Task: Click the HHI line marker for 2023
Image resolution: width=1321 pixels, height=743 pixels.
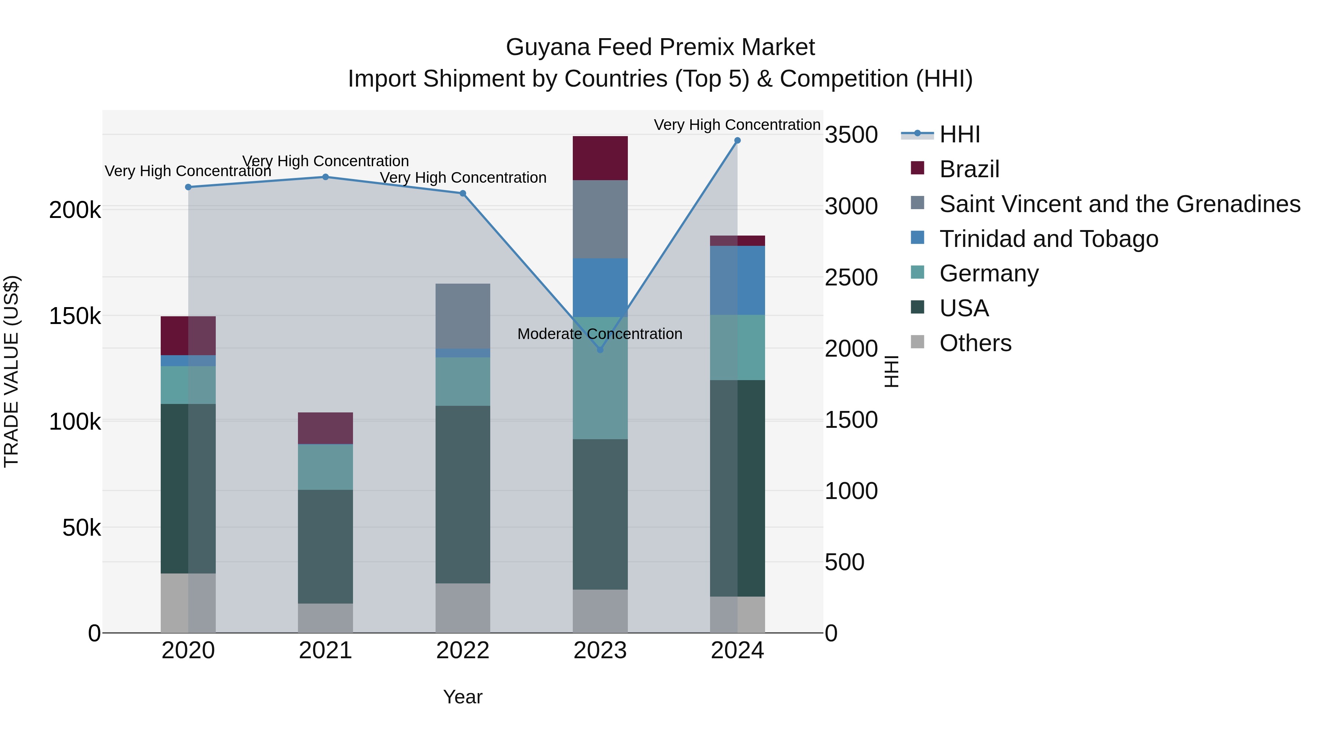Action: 600,350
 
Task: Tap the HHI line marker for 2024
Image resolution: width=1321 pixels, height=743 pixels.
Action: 738,141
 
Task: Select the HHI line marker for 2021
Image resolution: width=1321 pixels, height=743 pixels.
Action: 325,177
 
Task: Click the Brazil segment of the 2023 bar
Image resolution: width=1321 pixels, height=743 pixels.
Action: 600,158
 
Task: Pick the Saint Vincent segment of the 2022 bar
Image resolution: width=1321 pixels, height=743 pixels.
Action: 463,316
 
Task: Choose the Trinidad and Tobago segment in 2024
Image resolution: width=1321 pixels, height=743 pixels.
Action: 738,280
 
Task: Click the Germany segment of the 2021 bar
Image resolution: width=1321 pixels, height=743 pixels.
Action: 325,467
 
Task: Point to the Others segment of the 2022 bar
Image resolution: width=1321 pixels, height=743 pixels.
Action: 463,608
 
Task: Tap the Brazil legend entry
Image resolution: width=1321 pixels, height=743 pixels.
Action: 969,169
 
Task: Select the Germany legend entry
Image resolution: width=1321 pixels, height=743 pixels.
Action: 988,273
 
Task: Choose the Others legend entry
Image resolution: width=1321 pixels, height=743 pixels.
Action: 975,343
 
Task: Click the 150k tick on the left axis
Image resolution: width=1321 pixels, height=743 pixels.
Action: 75,316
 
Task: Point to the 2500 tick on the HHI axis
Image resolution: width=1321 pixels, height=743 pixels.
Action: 851,277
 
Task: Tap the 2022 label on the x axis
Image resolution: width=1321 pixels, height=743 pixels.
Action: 463,651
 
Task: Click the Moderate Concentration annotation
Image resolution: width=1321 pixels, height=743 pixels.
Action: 600,334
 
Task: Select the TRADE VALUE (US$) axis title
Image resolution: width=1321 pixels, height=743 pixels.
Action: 11,371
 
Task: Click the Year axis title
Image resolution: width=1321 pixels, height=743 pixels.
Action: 463,697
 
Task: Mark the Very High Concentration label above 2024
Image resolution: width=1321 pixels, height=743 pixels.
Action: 737,125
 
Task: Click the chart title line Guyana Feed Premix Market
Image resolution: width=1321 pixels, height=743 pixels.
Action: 660,47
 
